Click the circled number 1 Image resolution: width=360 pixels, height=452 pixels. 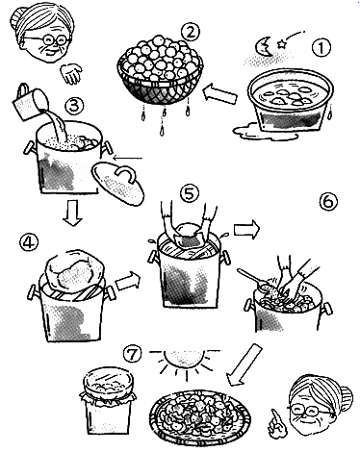pyautogui.click(x=321, y=47)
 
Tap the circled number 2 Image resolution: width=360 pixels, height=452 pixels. pyautogui.click(x=190, y=33)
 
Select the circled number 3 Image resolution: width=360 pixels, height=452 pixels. pyautogui.click(x=74, y=106)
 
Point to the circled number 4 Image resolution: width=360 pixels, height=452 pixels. pyautogui.click(x=29, y=242)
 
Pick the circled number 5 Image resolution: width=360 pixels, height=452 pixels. pyautogui.click(x=190, y=194)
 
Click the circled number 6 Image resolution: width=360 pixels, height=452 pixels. pyautogui.click(x=328, y=202)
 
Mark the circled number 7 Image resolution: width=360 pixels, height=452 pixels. pyautogui.click(x=132, y=355)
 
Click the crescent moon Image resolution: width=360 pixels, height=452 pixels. pyautogui.click(x=264, y=46)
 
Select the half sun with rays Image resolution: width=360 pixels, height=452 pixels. pyautogui.click(x=184, y=360)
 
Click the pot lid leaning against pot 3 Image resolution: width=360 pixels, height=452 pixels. pyautogui.click(x=117, y=183)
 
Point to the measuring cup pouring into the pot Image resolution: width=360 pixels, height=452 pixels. pyautogui.click(x=30, y=102)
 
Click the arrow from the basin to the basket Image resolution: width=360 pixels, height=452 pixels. pyautogui.click(x=220, y=93)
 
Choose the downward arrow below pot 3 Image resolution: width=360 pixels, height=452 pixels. pyautogui.click(x=72, y=213)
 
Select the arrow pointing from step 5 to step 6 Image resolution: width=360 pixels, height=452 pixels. pyautogui.click(x=245, y=230)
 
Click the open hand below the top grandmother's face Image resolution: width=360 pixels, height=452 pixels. pyautogui.click(x=71, y=73)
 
